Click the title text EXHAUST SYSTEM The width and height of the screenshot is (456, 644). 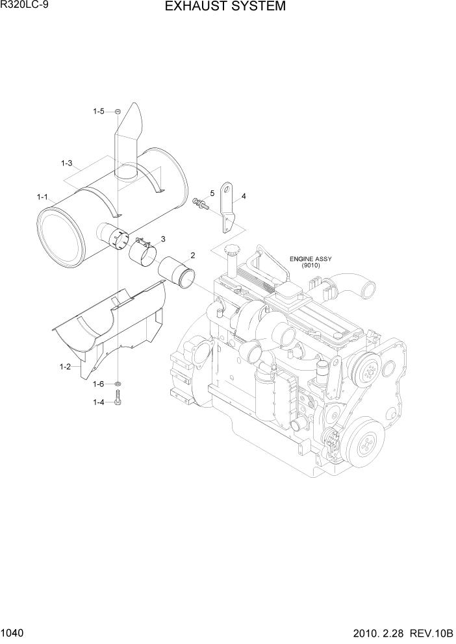(225, 7)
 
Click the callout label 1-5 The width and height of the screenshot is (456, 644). (98, 112)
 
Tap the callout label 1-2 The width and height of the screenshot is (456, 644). (64, 367)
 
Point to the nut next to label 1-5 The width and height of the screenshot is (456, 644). (118, 112)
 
